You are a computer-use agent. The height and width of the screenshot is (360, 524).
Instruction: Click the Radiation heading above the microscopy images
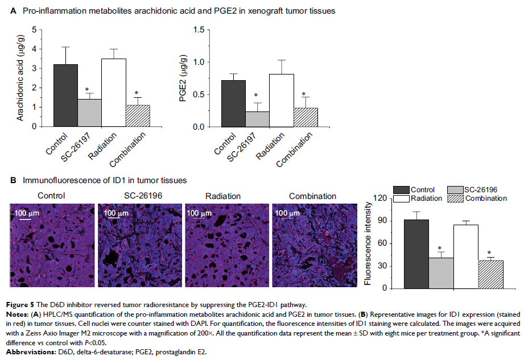(222, 196)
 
